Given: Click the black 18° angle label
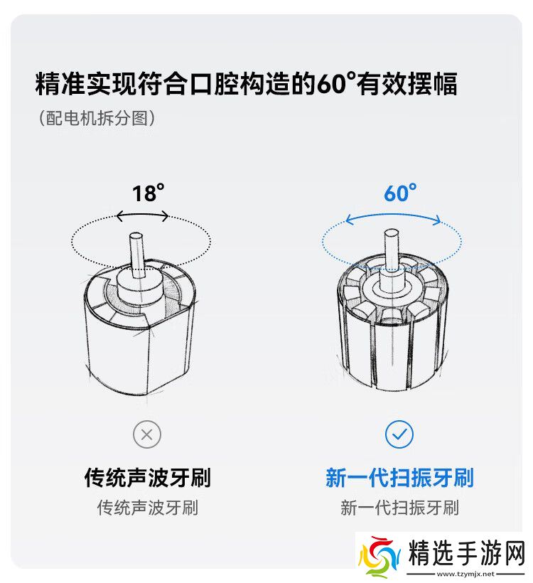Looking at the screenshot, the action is (x=148, y=193).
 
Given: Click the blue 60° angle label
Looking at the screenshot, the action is (x=400, y=193).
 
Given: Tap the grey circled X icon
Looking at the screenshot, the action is (x=147, y=434).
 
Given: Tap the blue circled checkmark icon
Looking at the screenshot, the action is (x=399, y=434).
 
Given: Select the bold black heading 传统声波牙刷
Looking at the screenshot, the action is (x=148, y=477).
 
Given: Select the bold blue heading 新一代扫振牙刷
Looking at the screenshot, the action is (x=399, y=477).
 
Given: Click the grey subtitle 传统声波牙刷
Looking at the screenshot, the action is (x=148, y=508).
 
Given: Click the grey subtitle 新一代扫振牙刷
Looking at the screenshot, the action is (x=399, y=508).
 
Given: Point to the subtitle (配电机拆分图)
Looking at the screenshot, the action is (x=97, y=118).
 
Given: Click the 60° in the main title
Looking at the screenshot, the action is (x=336, y=83).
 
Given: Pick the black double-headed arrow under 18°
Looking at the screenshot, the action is (x=142, y=215).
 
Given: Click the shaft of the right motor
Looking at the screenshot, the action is (x=391, y=250).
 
